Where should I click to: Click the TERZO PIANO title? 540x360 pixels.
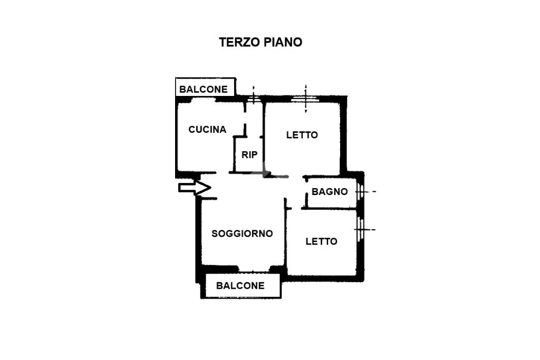point(261,42)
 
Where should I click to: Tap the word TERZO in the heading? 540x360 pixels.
point(240,42)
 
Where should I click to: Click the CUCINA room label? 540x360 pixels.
point(207,130)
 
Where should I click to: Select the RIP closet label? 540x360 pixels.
point(249,155)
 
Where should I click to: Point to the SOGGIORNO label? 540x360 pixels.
point(242,233)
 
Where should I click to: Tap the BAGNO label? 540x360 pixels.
point(330,192)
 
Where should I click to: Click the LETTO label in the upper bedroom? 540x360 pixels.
point(302,135)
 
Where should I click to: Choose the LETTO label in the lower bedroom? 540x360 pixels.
point(321,241)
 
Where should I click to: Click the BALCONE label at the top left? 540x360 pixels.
point(204,90)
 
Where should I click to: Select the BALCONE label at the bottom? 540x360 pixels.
point(240,286)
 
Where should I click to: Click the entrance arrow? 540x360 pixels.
point(195,188)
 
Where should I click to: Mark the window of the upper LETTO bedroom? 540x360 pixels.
point(305,99)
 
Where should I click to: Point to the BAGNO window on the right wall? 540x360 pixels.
point(360,191)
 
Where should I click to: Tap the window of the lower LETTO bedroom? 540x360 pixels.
point(360,229)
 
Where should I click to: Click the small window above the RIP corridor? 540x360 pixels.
point(254,99)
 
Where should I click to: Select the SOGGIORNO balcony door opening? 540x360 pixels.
point(254,269)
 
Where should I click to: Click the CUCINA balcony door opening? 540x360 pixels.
point(204,100)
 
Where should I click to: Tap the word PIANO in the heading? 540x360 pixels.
point(283,42)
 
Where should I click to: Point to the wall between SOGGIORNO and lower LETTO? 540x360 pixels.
point(286,234)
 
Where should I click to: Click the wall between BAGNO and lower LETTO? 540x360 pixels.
point(329,208)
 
